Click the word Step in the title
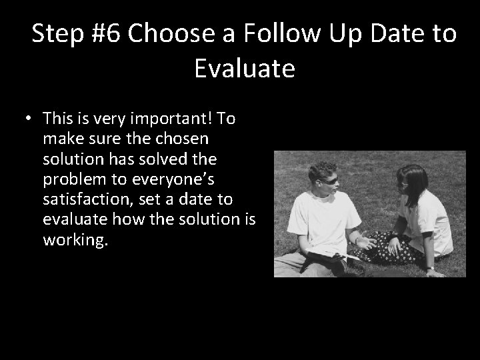click(x=59, y=33)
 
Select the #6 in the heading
click(x=106, y=33)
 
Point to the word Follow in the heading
click(x=262, y=33)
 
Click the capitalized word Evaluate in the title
click(x=245, y=68)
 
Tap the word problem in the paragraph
click(x=75, y=179)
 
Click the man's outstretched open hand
click(x=364, y=241)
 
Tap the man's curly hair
click(x=322, y=170)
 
